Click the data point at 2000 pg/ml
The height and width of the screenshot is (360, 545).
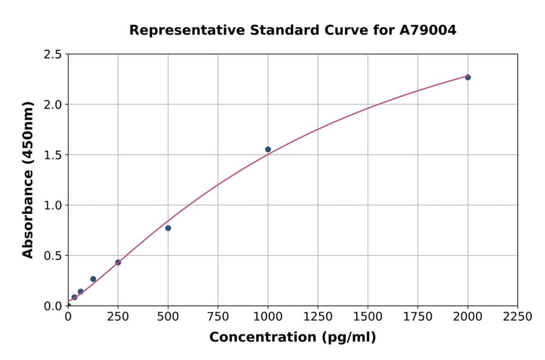(x=467, y=77)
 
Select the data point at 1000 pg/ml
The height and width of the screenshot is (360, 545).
(x=268, y=149)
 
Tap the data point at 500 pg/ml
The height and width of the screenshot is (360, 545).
(x=168, y=228)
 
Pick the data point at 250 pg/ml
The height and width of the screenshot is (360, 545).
(x=118, y=262)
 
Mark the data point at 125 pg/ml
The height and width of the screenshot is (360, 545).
(x=93, y=279)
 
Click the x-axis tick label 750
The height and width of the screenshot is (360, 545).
(x=218, y=316)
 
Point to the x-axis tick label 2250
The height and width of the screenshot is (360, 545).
(x=518, y=316)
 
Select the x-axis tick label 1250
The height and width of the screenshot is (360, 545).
(x=318, y=316)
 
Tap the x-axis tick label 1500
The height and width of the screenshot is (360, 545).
(x=368, y=316)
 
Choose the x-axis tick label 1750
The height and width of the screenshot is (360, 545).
(x=418, y=316)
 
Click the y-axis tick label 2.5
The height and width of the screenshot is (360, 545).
(x=53, y=55)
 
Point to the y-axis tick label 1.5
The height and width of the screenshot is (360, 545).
(x=53, y=155)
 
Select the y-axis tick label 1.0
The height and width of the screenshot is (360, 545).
(x=53, y=205)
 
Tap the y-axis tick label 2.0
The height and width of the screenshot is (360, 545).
(x=53, y=105)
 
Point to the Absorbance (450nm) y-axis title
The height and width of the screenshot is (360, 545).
(x=28, y=180)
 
